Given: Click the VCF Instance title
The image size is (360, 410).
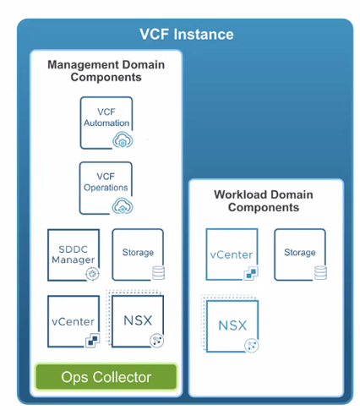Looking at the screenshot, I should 186,34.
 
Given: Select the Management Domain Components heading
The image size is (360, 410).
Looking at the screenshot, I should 106,70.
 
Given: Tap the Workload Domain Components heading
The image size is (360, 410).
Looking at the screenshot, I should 265,200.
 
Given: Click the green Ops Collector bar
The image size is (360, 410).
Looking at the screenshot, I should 106,377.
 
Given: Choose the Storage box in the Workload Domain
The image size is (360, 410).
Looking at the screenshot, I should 299,254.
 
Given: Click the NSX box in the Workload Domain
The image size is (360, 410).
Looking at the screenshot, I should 232,325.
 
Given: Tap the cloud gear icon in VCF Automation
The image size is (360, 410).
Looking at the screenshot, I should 121,142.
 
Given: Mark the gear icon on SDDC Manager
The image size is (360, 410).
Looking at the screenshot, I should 92,273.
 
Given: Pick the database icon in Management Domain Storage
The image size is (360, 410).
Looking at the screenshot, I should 156,272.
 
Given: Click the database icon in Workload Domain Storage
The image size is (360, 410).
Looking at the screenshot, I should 319,271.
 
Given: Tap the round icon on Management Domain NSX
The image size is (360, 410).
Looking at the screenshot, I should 155,338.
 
